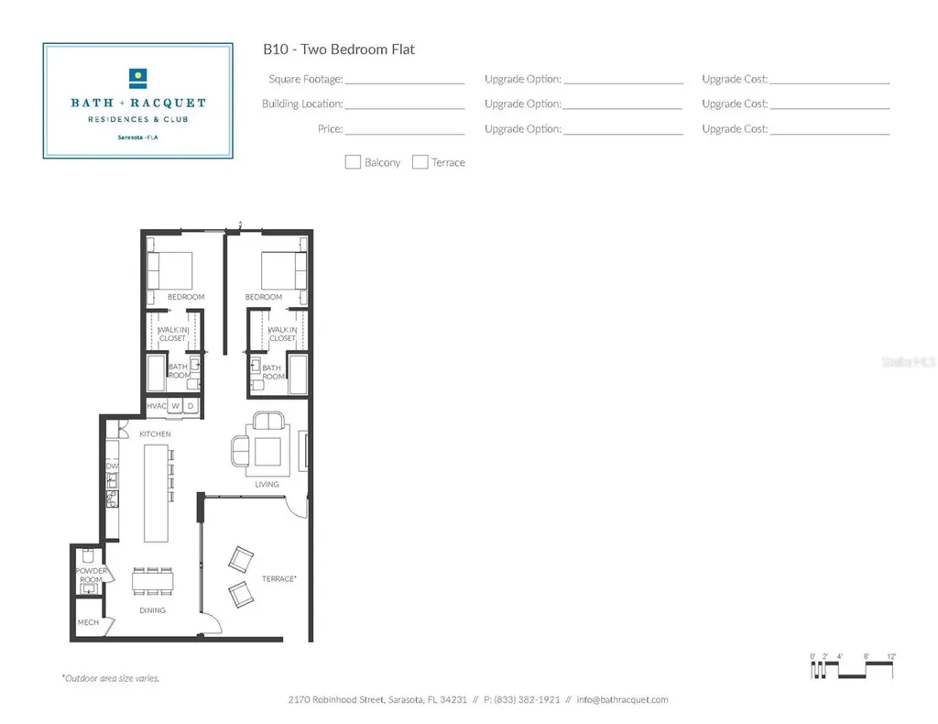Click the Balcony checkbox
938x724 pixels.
(353, 162)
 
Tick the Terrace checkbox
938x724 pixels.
(420, 162)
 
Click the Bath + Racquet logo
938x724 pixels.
(137, 100)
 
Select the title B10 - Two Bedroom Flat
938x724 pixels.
(339, 49)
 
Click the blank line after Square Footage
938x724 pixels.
(405, 81)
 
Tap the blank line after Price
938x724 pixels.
(405, 131)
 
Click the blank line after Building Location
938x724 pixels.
(405, 105)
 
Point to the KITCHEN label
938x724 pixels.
(155, 433)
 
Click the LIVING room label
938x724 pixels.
(267, 485)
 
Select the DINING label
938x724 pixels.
(152, 610)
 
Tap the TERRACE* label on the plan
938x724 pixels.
(278, 578)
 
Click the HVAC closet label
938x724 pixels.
(156, 406)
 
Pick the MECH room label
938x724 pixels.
(88, 622)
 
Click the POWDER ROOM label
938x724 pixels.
(90, 576)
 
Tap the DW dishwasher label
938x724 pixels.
(112, 466)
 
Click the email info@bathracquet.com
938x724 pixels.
(622, 700)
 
